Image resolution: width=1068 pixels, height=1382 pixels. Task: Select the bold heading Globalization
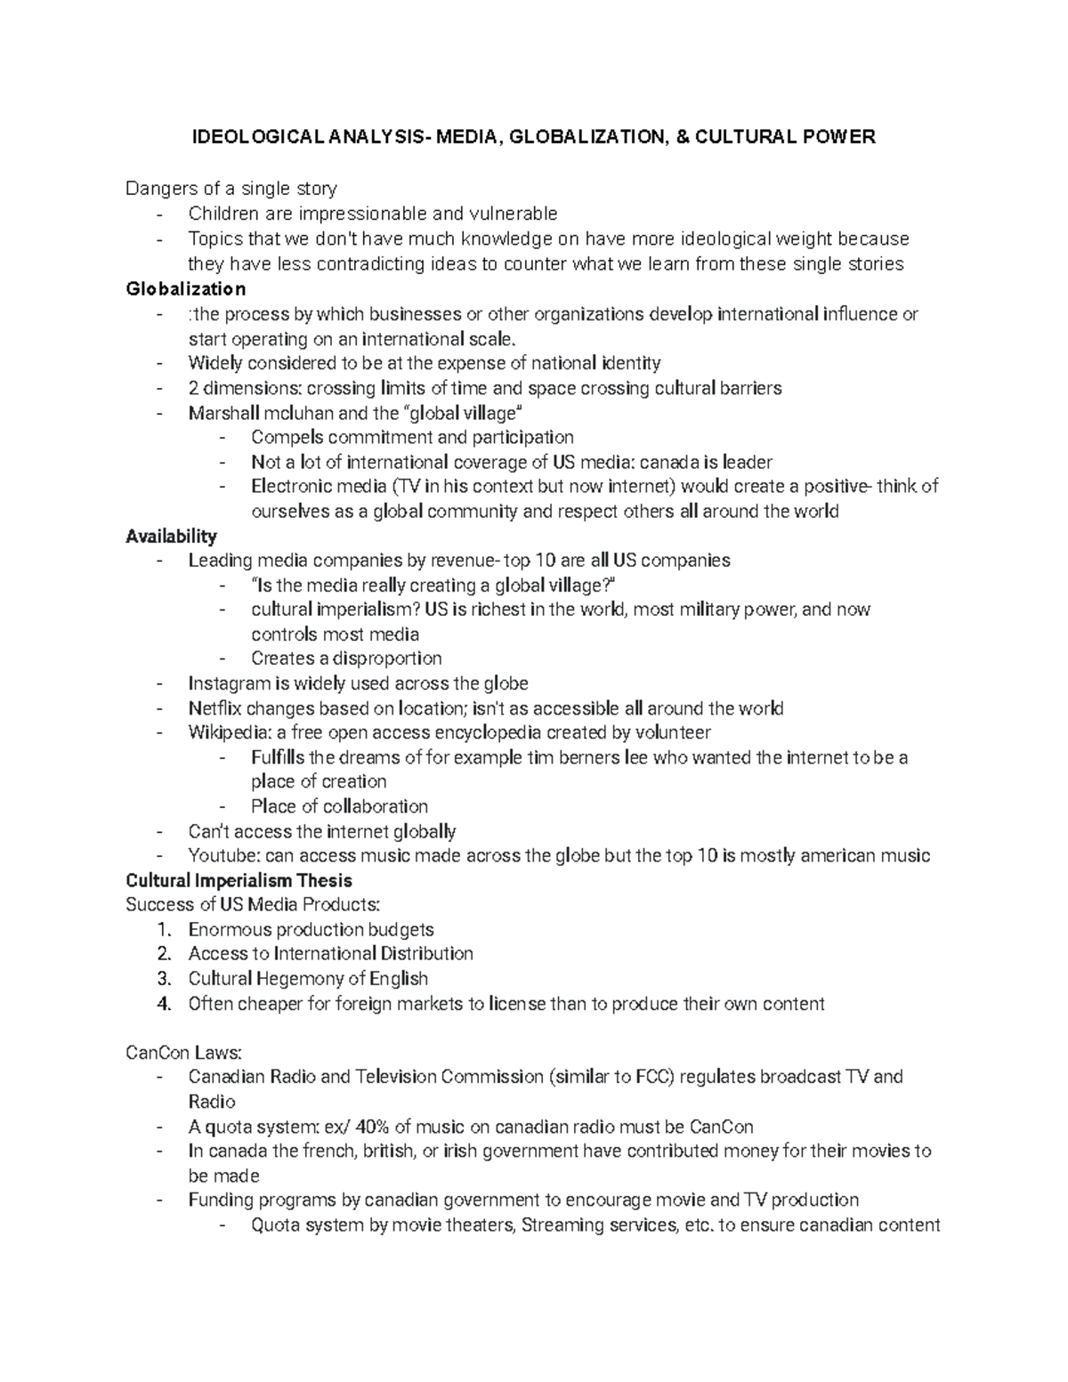click(x=186, y=289)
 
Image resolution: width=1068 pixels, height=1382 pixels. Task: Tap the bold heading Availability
click(x=171, y=537)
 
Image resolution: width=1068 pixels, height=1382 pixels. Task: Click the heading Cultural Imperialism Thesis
click(x=239, y=881)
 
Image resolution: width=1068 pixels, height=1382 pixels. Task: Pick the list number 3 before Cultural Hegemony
click(x=163, y=979)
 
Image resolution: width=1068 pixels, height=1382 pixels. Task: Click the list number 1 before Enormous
click(x=163, y=930)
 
